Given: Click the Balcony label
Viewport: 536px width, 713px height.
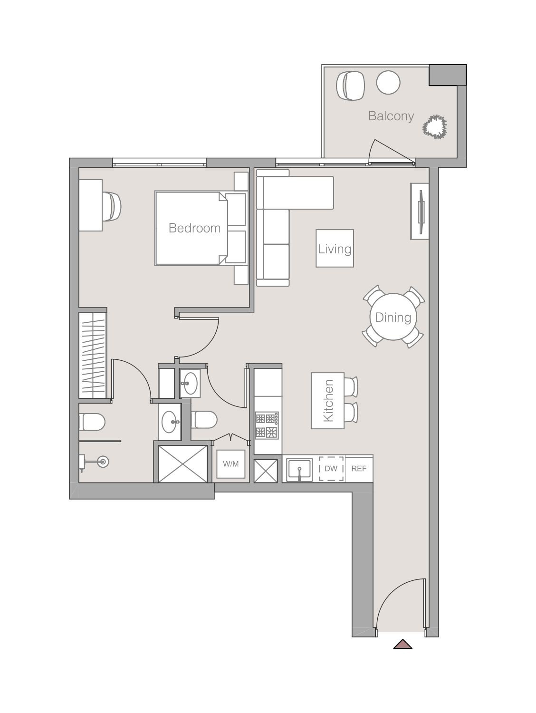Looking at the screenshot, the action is click(x=391, y=116).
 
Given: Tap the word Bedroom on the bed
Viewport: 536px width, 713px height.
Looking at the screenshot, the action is click(x=194, y=228).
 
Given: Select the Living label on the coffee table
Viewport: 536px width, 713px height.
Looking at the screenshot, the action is click(x=335, y=249).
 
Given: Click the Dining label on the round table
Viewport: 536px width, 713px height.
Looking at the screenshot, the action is click(x=393, y=318).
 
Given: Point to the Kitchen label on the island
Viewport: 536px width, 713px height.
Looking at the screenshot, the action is click(x=328, y=401).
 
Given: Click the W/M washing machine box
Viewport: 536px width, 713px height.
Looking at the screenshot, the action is click(x=231, y=464).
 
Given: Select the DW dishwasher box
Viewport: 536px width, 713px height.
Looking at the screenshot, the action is click(x=331, y=468).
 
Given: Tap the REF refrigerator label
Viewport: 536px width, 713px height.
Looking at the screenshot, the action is click(x=359, y=468).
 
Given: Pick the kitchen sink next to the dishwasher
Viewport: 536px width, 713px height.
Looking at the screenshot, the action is click(x=299, y=469).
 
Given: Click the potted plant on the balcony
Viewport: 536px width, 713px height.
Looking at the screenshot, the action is click(x=434, y=127).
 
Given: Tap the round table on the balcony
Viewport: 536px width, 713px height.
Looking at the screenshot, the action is click(x=388, y=82).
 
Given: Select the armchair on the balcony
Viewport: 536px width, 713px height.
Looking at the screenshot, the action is click(x=350, y=86).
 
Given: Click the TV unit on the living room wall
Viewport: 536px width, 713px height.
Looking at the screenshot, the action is click(x=420, y=212).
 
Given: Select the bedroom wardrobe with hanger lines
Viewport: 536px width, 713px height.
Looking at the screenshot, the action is click(x=93, y=355).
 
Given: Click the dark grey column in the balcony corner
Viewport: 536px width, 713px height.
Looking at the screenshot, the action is click(x=448, y=75).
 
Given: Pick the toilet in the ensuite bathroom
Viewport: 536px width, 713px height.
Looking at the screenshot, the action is click(x=92, y=422).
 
